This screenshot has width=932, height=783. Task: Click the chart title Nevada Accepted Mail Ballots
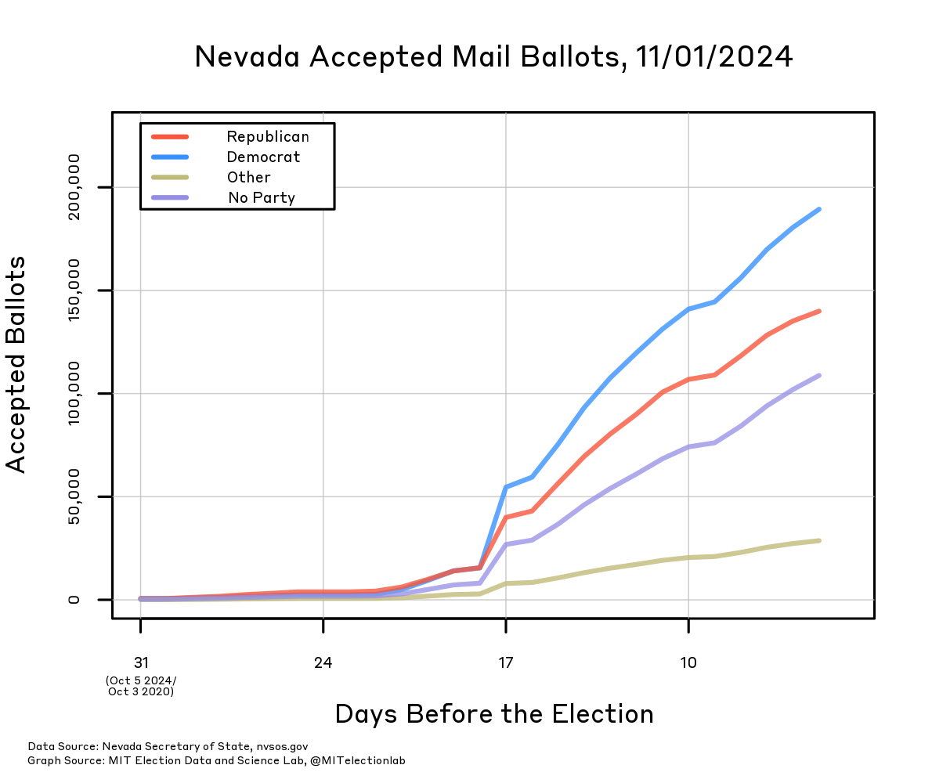point(493,56)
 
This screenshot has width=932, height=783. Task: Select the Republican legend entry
point(268,137)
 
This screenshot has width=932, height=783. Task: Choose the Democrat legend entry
point(263,157)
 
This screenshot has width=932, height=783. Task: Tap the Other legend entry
point(249,178)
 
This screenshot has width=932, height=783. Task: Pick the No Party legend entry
point(262,198)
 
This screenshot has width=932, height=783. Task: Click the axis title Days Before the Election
point(493,714)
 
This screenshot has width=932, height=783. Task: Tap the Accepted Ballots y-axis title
point(16,364)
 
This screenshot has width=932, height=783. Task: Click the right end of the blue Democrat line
point(818,209)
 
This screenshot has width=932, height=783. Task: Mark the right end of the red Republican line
point(818,311)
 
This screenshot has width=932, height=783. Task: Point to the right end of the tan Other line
point(818,540)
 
